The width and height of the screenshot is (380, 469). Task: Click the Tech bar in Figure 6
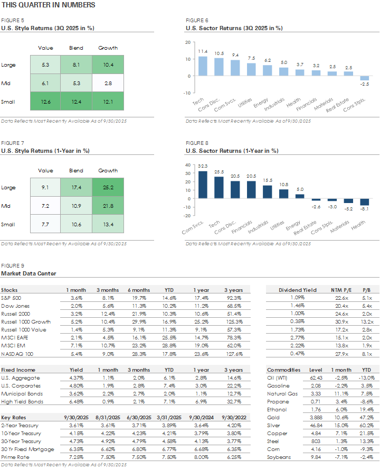point(203,66)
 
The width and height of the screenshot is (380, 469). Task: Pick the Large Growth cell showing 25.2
point(108,188)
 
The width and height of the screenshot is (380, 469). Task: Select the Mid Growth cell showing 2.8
point(108,83)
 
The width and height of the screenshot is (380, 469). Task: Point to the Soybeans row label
point(279,457)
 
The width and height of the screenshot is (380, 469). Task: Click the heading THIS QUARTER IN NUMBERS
point(48,5)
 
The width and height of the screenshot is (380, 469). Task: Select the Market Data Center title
point(28,273)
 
